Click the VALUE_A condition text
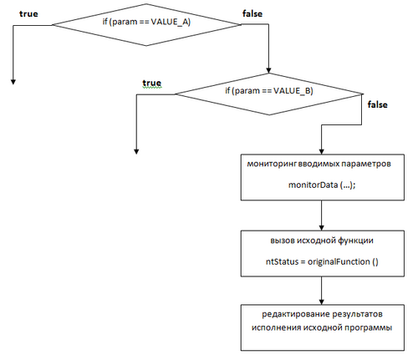(x=146, y=22)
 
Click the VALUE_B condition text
(x=269, y=91)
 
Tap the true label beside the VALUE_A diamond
(x=28, y=14)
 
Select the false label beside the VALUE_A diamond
(x=252, y=13)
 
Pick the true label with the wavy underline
(x=152, y=83)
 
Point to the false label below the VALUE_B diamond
(x=378, y=104)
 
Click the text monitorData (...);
(x=322, y=185)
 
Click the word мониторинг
(x=272, y=164)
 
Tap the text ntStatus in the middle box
(x=282, y=261)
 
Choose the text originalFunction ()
(x=343, y=261)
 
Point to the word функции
(x=355, y=241)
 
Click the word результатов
(x=358, y=314)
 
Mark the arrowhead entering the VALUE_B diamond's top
(x=268, y=70)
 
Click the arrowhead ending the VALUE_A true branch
(x=13, y=82)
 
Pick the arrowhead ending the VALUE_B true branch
(x=136, y=151)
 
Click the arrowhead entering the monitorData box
(x=321, y=151)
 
